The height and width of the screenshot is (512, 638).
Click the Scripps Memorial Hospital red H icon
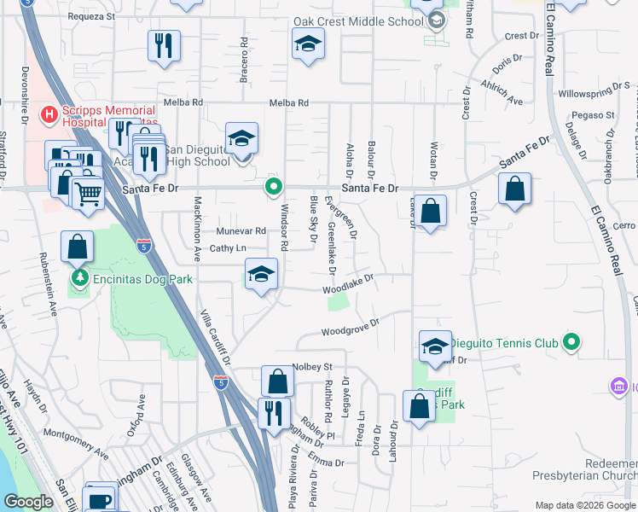pos(49,113)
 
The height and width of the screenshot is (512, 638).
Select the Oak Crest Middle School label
pos(359,21)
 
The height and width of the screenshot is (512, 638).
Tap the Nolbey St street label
pos(310,367)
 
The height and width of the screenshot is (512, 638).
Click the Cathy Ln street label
pos(229,248)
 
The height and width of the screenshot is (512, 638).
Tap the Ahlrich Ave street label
pos(502,95)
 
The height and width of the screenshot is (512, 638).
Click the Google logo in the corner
pos(28,502)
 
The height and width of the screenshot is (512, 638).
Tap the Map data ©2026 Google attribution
pos(585,505)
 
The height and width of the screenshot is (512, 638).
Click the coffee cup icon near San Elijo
pos(100,500)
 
